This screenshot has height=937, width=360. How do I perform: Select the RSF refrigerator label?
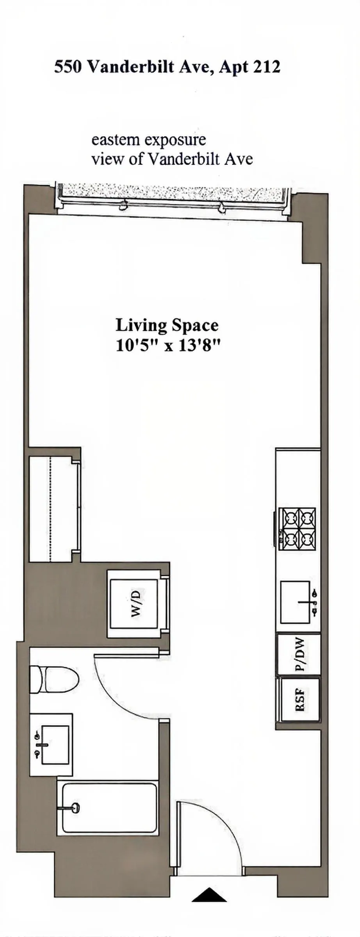point(300,700)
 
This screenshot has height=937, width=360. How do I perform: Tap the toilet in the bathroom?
point(55,679)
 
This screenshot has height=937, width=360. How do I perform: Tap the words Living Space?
point(167,325)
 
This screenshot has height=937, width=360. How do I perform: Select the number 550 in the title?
point(68,67)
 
